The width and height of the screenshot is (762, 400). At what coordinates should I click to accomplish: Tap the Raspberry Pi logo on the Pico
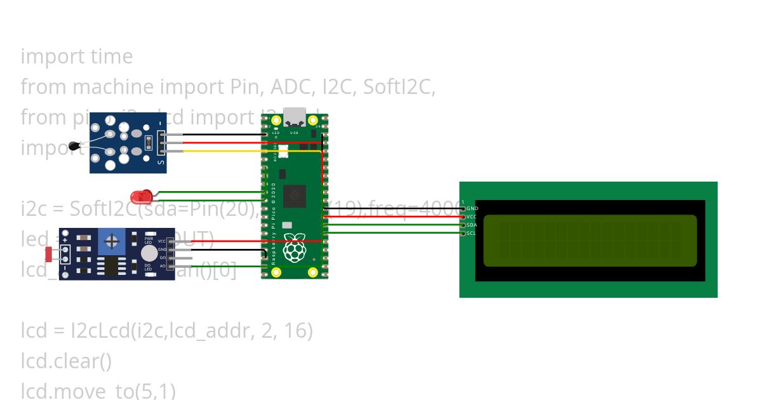point(294,249)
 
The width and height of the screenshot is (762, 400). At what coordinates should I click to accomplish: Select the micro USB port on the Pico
point(295,117)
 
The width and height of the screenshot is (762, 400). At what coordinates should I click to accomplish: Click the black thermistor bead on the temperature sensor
point(76,147)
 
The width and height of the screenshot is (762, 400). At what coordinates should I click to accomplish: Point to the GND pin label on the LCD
point(472,208)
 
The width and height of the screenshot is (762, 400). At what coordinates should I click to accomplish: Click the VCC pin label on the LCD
point(472,217)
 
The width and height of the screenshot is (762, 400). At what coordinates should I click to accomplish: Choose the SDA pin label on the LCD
point(472,225)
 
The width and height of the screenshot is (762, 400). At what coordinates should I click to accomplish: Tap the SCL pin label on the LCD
point(472,233)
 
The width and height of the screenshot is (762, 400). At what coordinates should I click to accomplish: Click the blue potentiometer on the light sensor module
point(112,241)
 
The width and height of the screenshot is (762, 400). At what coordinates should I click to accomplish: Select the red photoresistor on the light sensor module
point(49,255)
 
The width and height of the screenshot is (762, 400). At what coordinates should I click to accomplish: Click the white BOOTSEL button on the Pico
point(283,151)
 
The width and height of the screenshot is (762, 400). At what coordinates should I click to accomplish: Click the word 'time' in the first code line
point(112,57)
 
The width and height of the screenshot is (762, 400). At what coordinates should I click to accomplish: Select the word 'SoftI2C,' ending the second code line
point(399,87)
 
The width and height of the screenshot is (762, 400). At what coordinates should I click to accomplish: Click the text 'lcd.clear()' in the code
point(66,361)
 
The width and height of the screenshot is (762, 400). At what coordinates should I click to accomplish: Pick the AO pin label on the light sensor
point(162,266)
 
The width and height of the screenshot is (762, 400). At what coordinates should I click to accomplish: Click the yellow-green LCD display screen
point(590,241)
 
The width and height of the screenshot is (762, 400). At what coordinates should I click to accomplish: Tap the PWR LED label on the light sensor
point(149,240)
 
